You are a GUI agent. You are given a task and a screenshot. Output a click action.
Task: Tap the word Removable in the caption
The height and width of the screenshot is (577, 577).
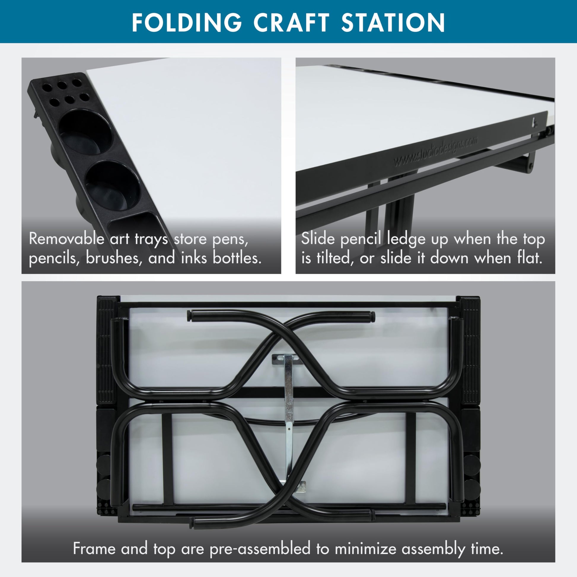tap(67, 239)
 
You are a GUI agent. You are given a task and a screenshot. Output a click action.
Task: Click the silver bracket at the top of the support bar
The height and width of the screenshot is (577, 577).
tap(286, 359)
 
